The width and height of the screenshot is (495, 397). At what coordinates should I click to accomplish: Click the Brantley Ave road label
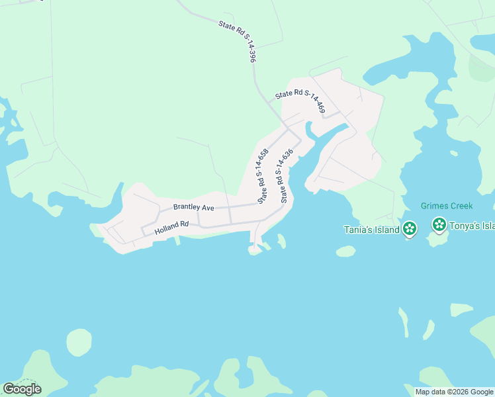[x=193, y=207]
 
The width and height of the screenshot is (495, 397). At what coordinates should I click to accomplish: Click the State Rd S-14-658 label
[x=263, y=176]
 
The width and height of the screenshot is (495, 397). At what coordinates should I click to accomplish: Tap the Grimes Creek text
[x=447, y=206]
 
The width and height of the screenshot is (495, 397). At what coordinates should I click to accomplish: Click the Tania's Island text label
[x=371, y=230]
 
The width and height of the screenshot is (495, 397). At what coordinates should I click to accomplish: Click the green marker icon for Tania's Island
[x=410, y=229]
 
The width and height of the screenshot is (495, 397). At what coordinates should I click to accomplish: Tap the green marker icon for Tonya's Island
[x=439, y=224]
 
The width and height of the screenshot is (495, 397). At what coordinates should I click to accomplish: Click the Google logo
[x=22, y=389]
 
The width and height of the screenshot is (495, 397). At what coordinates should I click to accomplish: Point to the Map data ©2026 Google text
[x=453, y=392]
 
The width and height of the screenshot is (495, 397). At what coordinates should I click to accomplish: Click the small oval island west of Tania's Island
[x=345, y=251]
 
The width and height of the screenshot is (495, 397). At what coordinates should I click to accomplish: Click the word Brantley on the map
[x=185, y=207]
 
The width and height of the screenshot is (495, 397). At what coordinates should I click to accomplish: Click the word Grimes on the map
[x=433, y=206]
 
